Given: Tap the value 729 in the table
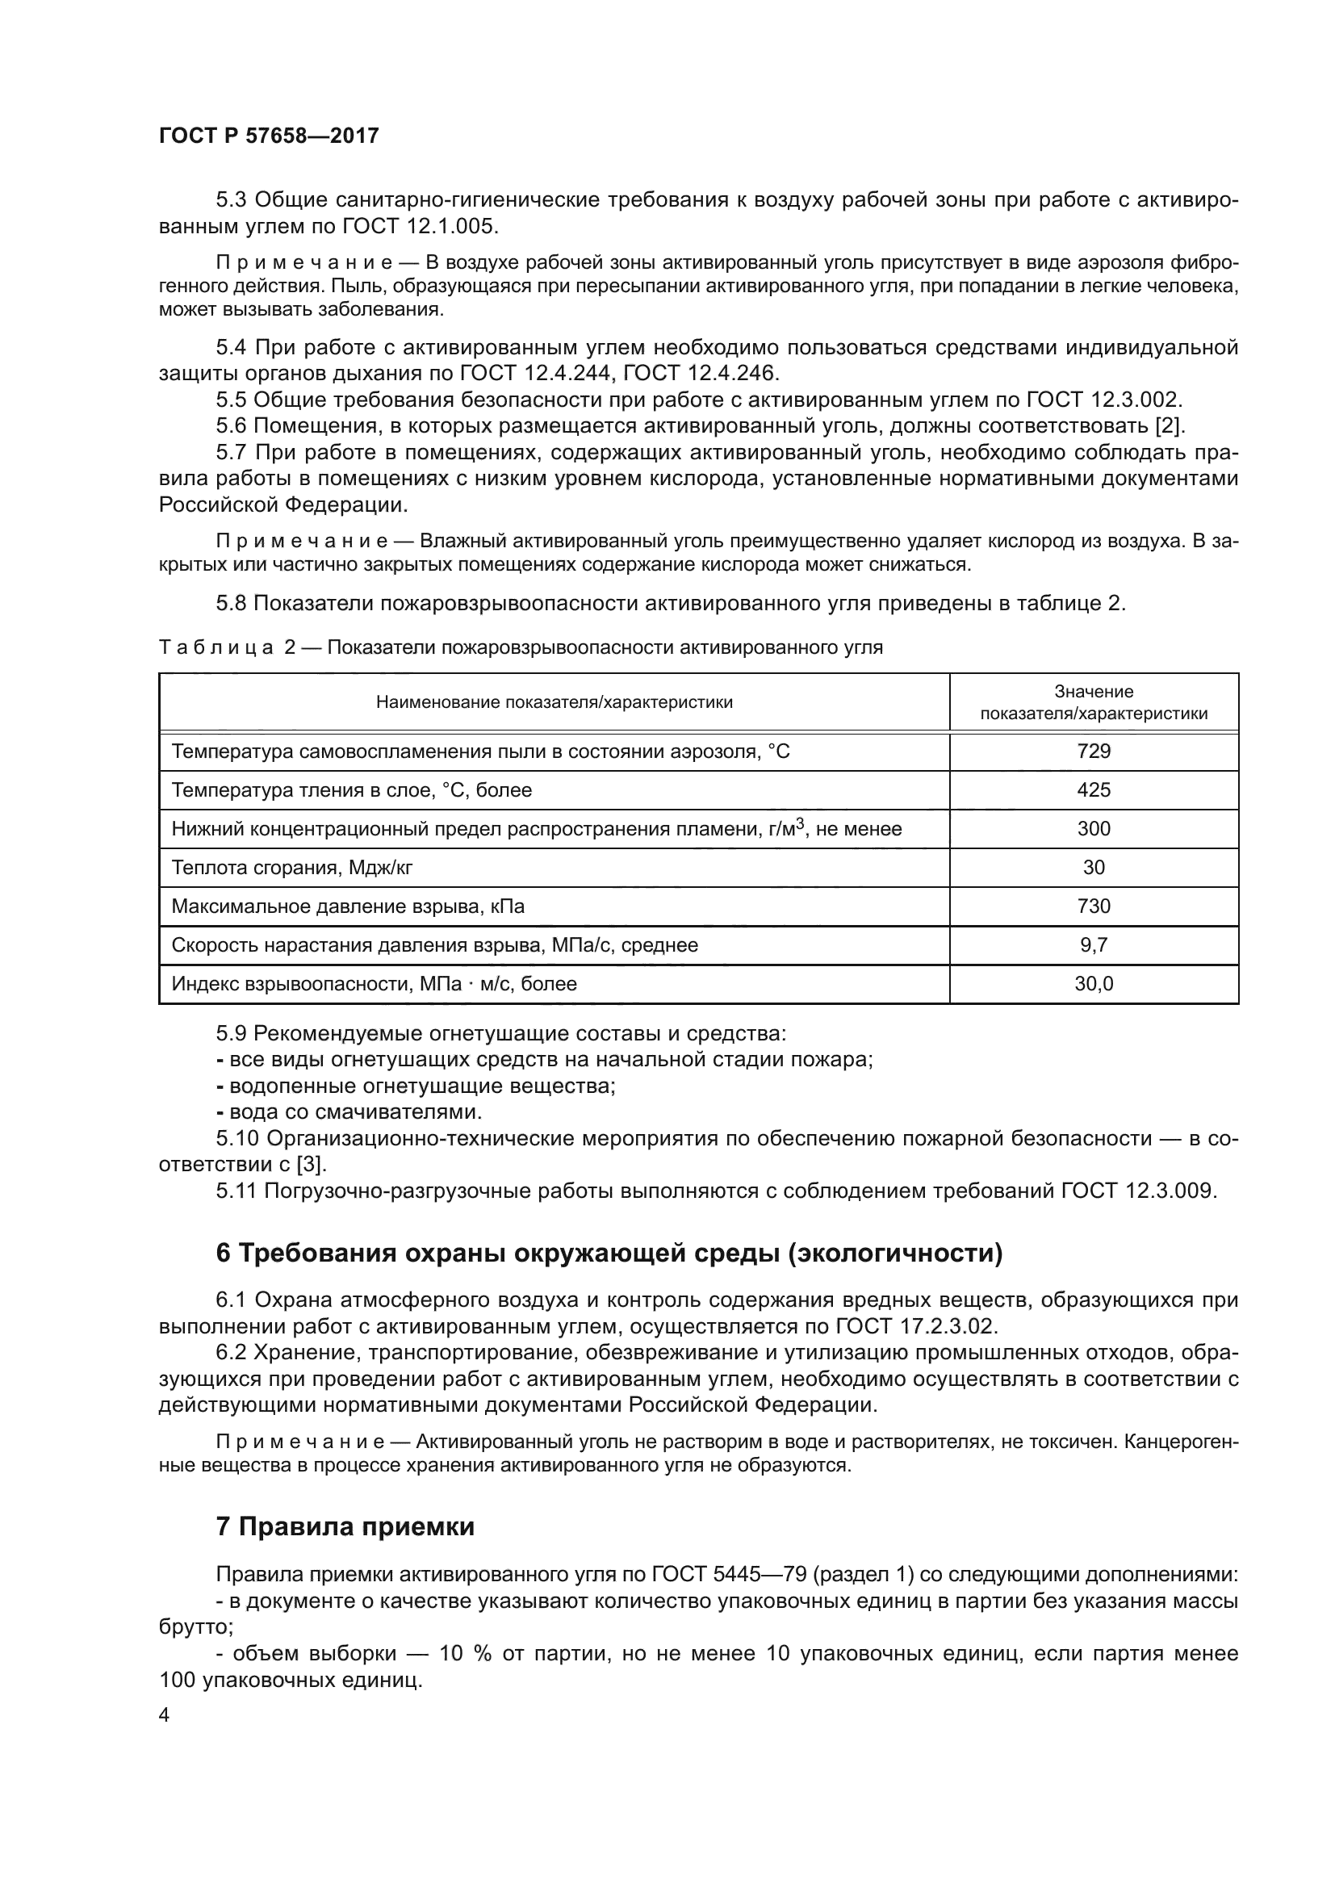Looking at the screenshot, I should pyautogui.click(x=1094, y=751).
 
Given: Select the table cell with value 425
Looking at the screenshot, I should pyautogui.click(x=1094, y=789).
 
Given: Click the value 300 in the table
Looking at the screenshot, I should pyautogui.click(x=1094, y=828).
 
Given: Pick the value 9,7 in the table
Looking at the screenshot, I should pyautogui.click(x=1094, y=945).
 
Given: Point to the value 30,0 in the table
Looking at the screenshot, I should pyautogui.click(x=1094, y=983).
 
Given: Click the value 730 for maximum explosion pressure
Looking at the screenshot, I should pyautogui.click(x=1094, y=906).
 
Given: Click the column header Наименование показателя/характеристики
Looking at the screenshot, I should pyautogui.click(x=554, y=702).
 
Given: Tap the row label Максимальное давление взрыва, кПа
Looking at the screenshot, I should pyautogui.click(x=348, y=906).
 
